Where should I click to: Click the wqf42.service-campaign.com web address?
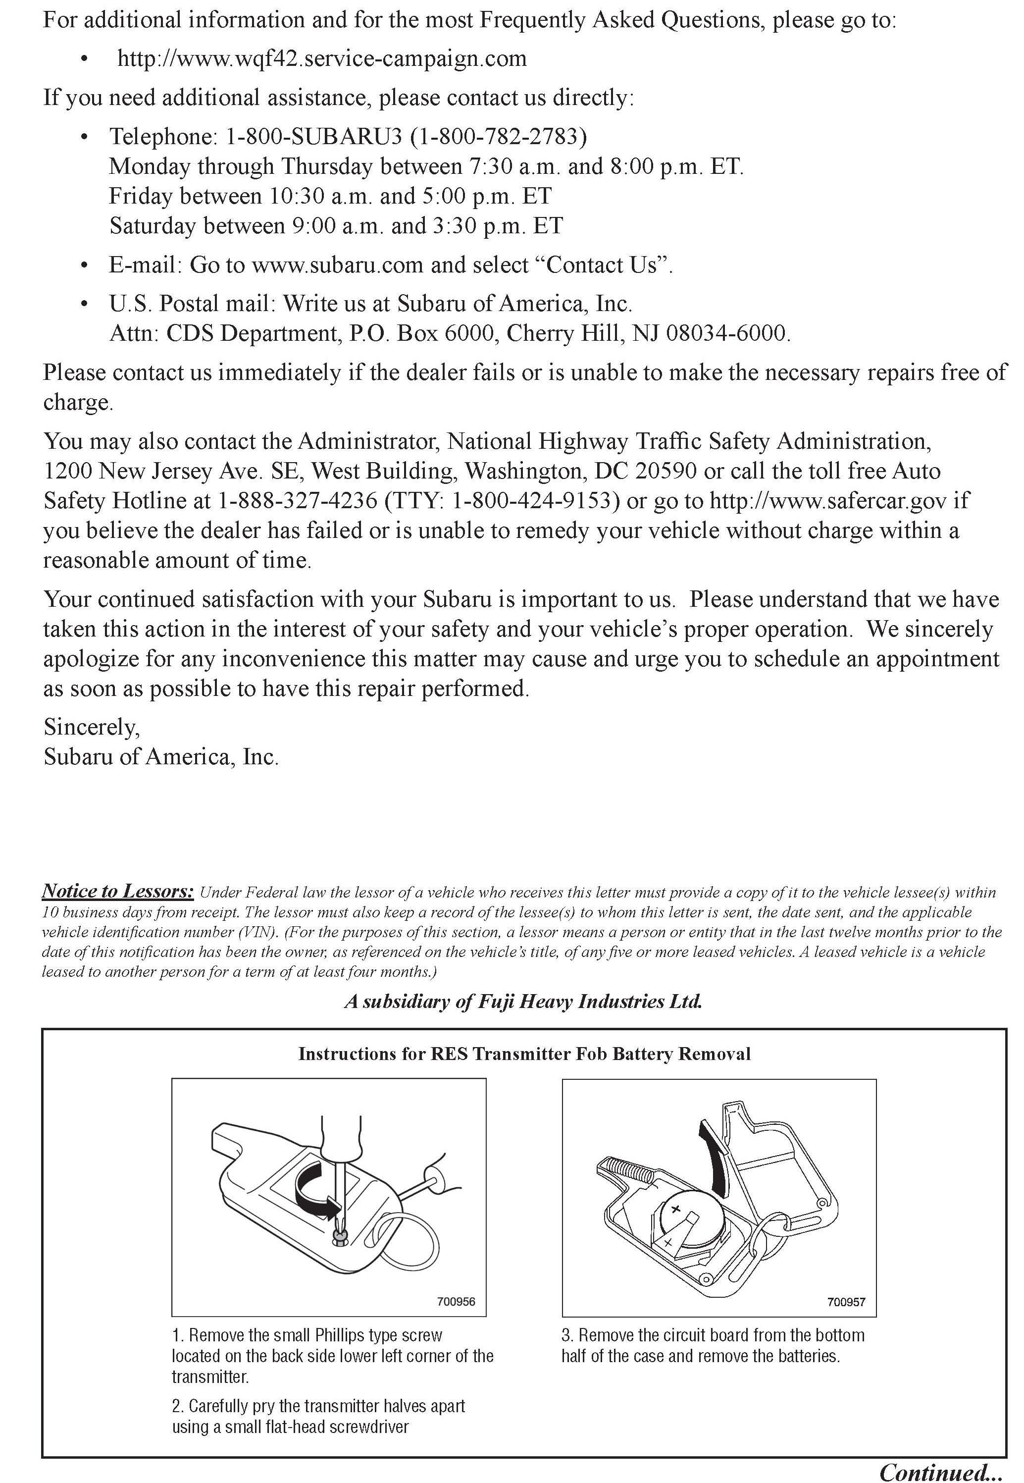point(322,59)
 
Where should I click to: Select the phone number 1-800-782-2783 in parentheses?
point(499,136)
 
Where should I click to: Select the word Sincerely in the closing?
point(91,727)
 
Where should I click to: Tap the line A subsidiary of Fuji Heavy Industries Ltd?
point(523,1001)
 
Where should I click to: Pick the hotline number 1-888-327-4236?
point(298,501)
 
